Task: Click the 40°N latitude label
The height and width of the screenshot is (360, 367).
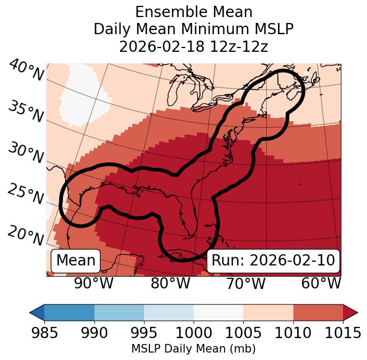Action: (x=26, y=71)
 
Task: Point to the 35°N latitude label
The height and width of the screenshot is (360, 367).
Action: (x=26, y=112)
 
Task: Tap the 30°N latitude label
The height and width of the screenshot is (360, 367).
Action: (x=26, y=153)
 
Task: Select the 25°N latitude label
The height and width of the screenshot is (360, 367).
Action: (x=26, y=195)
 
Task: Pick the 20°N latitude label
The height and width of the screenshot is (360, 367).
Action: (x=26, y=236)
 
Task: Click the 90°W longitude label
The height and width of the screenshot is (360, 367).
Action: (x=94, y=283)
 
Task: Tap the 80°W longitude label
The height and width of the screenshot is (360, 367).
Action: (x=170, y=283)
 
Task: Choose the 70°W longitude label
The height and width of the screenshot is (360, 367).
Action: (x=245, y=283)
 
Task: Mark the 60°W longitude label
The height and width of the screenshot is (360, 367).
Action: (x=321, y=283)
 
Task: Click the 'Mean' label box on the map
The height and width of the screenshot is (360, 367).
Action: (x=76, y=261)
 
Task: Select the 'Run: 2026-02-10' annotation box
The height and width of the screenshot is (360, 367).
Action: (x=273, y=261)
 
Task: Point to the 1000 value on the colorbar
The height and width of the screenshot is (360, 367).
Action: (x=193, y=333)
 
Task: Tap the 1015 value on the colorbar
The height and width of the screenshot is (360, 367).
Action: (x=343, y=333)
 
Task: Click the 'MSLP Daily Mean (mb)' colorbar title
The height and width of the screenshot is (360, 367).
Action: (x=193, y=349)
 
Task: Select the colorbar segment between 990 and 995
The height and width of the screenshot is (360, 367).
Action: (x=119, y=312)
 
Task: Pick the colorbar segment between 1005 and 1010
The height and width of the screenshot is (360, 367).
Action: (x=268, y=312)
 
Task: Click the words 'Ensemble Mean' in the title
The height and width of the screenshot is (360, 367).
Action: (x=193, y=12)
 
